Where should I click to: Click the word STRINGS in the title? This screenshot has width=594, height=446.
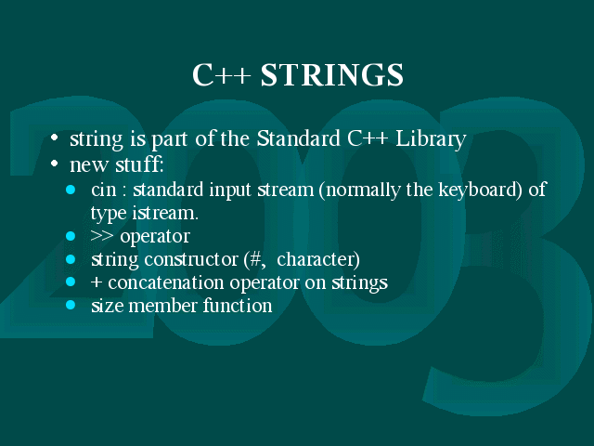(332, 74)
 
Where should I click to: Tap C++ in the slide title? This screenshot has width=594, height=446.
(221, 74)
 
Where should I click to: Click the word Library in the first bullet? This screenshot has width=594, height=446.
(431, 139)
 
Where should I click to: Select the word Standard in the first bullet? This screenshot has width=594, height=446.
(299, 138)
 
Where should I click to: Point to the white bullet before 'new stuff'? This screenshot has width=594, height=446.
(55, 164)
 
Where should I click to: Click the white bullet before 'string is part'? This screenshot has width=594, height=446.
(55, 138)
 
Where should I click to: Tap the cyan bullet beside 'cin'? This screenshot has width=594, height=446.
(71, 190)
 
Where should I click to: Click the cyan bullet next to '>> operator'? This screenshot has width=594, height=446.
(71, 236)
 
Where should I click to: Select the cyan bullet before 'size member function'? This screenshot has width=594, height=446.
(71, 305)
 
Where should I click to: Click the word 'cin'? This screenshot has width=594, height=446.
(103, 190)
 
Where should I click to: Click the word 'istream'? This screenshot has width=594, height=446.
(165, 213)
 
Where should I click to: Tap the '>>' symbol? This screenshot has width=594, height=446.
(102, 236)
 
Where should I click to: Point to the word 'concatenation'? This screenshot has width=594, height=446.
(166, 282)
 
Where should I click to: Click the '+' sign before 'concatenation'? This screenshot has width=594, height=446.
(97, 282)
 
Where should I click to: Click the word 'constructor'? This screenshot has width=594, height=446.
(191, 259)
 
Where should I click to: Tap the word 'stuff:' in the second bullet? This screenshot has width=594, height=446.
(139, 164)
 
